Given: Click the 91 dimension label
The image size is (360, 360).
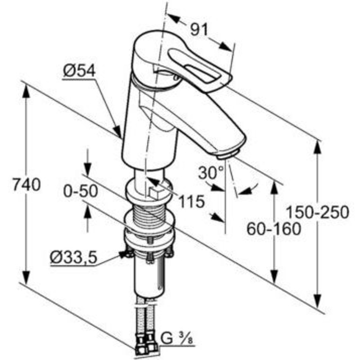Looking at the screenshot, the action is click(x=199, y=29).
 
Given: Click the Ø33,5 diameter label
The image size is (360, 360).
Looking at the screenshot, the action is click(x=74, y=258).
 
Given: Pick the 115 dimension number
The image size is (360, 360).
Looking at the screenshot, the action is click(x=191, y=201).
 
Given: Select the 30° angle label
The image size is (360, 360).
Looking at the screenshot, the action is click(x=211, y=173).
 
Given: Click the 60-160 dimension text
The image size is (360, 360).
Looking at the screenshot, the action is click(x=274, y=229).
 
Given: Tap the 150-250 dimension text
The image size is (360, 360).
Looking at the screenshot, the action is click(x=318, y=212).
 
